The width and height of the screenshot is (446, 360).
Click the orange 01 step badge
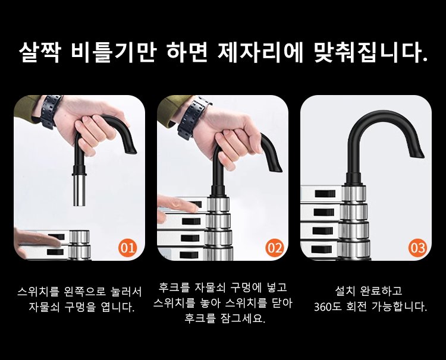128,248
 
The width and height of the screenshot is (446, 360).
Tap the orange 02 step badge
275,248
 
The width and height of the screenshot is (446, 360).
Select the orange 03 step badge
418,248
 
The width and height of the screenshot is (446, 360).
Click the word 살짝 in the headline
39,52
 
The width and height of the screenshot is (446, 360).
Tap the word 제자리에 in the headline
260,52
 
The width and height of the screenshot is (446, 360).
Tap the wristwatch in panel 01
51,111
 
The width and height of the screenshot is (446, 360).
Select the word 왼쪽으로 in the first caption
85,291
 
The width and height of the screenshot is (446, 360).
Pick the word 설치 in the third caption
344,290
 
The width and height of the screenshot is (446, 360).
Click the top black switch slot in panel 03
325,194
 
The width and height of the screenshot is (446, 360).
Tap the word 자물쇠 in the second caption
210,288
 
